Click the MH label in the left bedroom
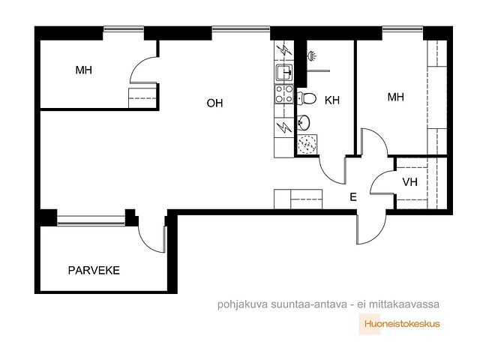click(x=83, y=71)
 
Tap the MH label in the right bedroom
click(x=396, y=97)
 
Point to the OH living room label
click(x=215, y=103)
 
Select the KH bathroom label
click(x=332, y=99)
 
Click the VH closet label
click(x=409, y=182)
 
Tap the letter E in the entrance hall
click(x=353, y=197)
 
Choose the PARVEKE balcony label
click(x=94, y=270)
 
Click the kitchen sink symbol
click(x=283, y=73)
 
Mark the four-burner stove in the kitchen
click(x=283, y=93)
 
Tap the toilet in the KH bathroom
click(x=307, y=97)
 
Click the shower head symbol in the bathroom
click(x=312, y=55)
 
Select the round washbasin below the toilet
click(x=305, y=122)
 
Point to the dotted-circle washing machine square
click(x=305, y=144)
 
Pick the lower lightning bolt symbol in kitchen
click(x=283, y=127)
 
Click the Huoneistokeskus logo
click(x=400, y=324)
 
